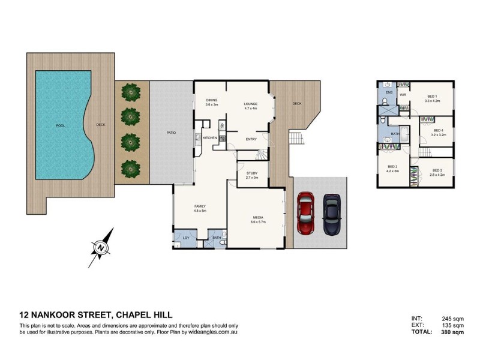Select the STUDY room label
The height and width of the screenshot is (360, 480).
(x=252, y=173)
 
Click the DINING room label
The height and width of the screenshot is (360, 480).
(x=211, y=101)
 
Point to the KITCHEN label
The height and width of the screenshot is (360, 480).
(x=209, y=139)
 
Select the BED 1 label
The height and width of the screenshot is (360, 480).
(x=432, y=97)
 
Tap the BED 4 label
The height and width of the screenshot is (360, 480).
(x=438, y=130)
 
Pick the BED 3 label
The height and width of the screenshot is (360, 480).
(x=436, y=170)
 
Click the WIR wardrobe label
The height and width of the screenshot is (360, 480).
(x=403, y=94)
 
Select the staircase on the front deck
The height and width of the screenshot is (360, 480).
(x=296, y=139)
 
